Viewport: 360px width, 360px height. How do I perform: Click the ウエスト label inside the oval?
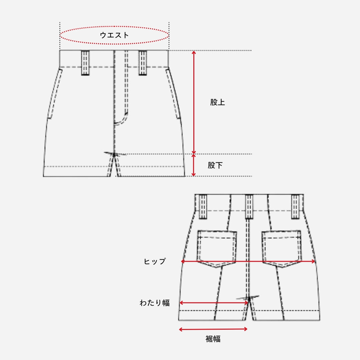click(114, 35)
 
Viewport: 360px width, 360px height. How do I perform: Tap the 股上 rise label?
click(217, 102)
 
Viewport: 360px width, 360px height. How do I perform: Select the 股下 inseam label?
click(215, 165)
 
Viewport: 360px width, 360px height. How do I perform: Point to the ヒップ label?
click(155, 262)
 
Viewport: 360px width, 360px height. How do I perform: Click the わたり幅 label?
click(154, 303)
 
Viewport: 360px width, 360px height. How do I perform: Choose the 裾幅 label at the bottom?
click(213, 339)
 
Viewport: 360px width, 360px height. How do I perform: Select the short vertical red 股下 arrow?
click(194, 165)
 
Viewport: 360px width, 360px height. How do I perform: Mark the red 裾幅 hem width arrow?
click(213, 329)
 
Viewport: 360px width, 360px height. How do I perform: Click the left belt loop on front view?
click(85, 63)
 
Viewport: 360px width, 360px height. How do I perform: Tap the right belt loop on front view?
click(143, 63)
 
